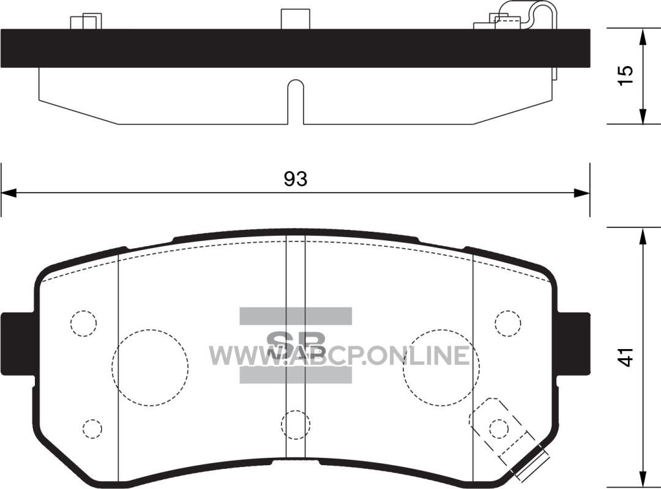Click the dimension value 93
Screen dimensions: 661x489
tap(296, 179)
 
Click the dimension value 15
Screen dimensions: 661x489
tap(627, 76)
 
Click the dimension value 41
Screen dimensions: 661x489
tap(627, 357)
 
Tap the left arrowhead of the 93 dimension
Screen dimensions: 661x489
tap(9, 193)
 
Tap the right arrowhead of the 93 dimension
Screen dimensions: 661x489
tap(582, 193)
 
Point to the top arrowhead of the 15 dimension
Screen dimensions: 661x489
tap(643, 37)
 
